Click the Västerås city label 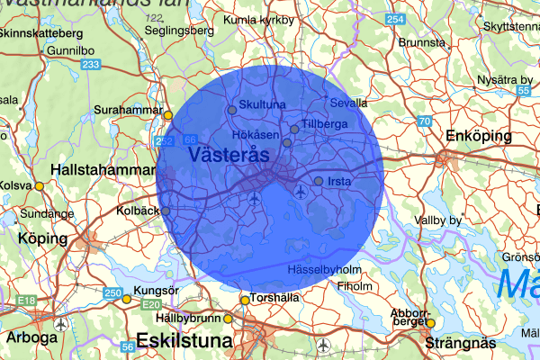pos(230,155)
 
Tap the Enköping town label pos(478,136)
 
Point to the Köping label pos(42,239)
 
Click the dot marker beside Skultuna pos(232,110)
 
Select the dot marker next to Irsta pos(319,181)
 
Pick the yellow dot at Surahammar pos(167,114)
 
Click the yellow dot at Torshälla pos(244,301)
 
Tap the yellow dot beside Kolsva pos(39,185)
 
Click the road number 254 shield pos(394,20)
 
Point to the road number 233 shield pos(90,65)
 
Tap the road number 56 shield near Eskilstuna pos(128,345)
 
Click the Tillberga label pos(324,122)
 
